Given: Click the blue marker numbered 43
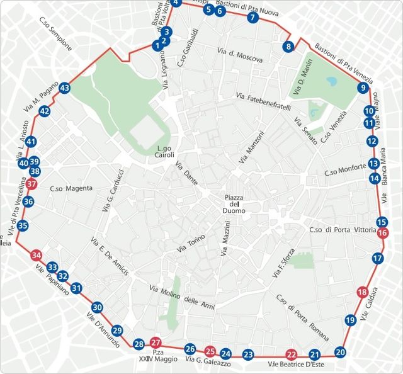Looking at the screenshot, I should (x=65, y=89).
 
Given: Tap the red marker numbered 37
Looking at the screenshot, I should (x=32, y=184).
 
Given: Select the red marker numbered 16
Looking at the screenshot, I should (x=383, y=234).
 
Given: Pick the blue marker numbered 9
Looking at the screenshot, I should (x=363, y=88).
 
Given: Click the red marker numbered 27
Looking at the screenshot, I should (x=157, y=342).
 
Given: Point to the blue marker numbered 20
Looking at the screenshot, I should (x=341, y=353).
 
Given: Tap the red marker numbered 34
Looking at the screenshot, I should (x=37, y=256).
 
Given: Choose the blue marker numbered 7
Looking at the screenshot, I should (x=253, y=18).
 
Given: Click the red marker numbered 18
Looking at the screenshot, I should (x=362, y=292).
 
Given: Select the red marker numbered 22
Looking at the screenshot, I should (x=291, y=354).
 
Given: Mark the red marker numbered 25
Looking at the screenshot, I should (x=211, y=352).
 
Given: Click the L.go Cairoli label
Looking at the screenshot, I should (x=165, y=152).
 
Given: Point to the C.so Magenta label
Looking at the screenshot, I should (x=71, y=188).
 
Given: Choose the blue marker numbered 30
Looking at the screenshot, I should (x=97, y=307).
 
